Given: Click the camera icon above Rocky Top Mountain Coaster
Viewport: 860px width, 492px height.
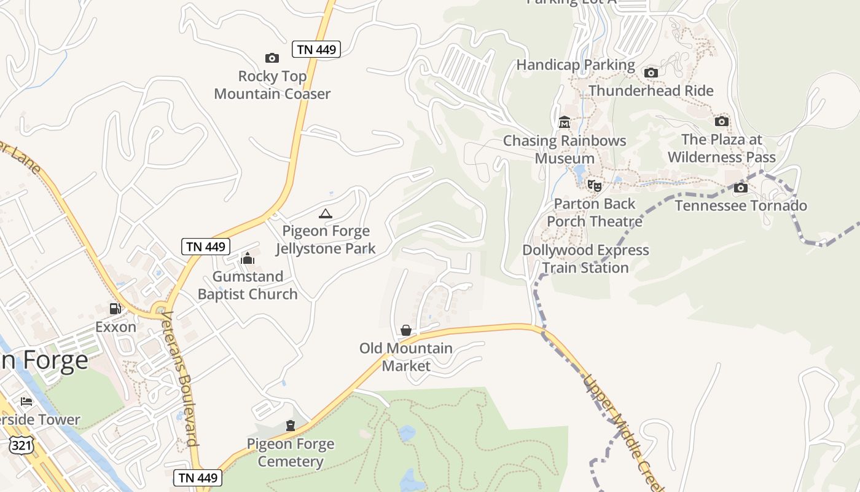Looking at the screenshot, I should click(272, 58).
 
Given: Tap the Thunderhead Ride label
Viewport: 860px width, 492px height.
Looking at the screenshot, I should click(651, 91).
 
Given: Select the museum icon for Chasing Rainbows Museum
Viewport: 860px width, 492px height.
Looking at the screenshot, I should click(564, 122).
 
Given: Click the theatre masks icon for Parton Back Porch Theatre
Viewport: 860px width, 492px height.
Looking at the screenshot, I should click(594, 185).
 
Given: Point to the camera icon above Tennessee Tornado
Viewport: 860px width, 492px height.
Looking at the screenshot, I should click(741, 188).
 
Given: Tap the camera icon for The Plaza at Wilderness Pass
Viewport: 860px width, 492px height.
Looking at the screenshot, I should click(722, 121).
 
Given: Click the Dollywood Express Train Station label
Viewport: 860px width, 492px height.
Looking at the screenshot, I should click(585, 259).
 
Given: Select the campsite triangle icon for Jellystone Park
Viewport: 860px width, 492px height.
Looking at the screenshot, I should click(326, 214).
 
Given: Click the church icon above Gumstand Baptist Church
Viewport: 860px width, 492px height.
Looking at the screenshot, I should click(248, 258).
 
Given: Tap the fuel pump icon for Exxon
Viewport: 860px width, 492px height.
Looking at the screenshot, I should click(115, 309).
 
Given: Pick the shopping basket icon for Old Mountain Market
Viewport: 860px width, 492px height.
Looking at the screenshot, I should click(405, 330).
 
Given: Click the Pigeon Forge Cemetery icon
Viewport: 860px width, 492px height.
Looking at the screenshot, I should click(290, 425).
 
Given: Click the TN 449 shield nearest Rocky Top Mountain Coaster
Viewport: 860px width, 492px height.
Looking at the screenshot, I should click(316, 49).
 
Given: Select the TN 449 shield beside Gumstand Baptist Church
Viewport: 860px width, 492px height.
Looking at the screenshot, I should click(206, 247).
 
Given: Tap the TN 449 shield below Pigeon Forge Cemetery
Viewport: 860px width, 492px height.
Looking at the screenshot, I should click(197, 477).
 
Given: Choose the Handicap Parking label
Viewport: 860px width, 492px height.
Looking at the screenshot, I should click(576, 65).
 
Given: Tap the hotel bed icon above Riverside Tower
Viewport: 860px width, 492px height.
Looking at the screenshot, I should click(26, 402).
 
